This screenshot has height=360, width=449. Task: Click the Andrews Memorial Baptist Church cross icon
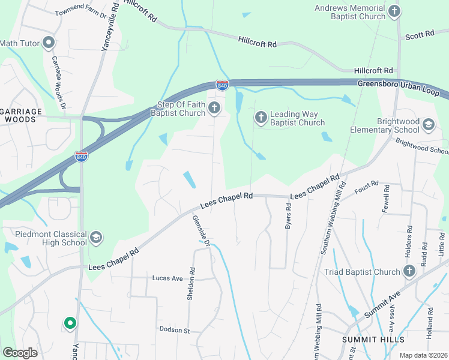coord(394,11)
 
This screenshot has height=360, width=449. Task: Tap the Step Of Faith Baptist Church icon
coord(214,109)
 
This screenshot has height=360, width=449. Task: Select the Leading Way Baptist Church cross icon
coord(261,118)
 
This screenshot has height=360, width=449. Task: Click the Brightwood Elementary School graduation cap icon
coord(428,125)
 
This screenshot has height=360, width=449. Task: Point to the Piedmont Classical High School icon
coord(95,238)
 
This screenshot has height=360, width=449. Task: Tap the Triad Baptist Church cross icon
coord(409,272)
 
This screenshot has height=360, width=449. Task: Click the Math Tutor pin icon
coord(49,43)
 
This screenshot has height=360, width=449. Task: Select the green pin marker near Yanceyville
coord(70,323)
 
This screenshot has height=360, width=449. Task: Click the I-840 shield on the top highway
coord(222,85)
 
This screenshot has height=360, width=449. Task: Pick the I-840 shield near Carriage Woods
coord(82,157)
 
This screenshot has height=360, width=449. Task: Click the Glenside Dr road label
coord(201,230)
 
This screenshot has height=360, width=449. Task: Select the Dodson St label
coord(174,330)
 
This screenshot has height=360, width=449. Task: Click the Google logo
coord(20,352)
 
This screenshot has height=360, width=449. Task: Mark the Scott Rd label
coord(419,35)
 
